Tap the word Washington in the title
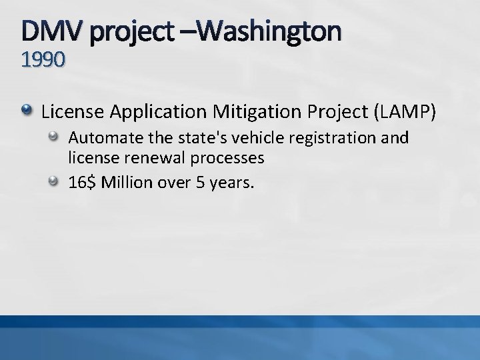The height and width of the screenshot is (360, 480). [x=267, y=30]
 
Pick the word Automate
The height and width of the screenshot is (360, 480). [x=99, y=138]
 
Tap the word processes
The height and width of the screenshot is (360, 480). [x=230, y=158]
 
